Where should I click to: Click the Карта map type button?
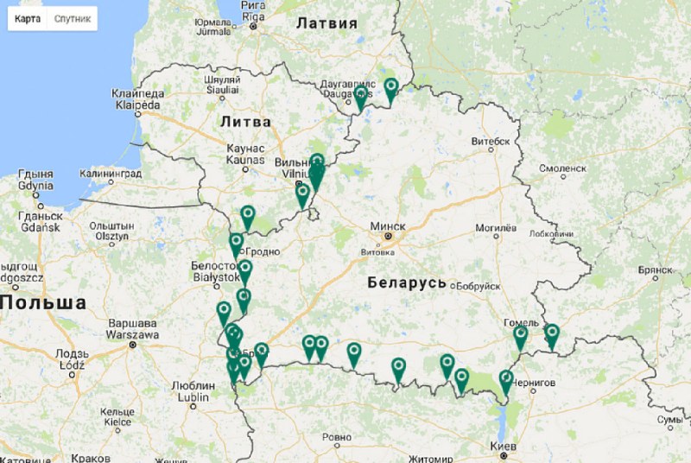coord(28,18)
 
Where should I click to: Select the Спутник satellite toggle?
coord(73,18)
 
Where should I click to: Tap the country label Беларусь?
coord(406,282)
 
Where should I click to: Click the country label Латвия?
coord(326,23)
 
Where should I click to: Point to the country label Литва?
coord(245,122)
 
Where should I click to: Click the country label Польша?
coord(43,303)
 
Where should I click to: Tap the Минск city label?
coord(386,225)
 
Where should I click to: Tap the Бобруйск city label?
coord(476,286)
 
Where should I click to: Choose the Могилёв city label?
coord(496,229)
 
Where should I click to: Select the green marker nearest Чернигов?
coord(506,379)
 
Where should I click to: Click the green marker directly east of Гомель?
coord(551,333)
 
